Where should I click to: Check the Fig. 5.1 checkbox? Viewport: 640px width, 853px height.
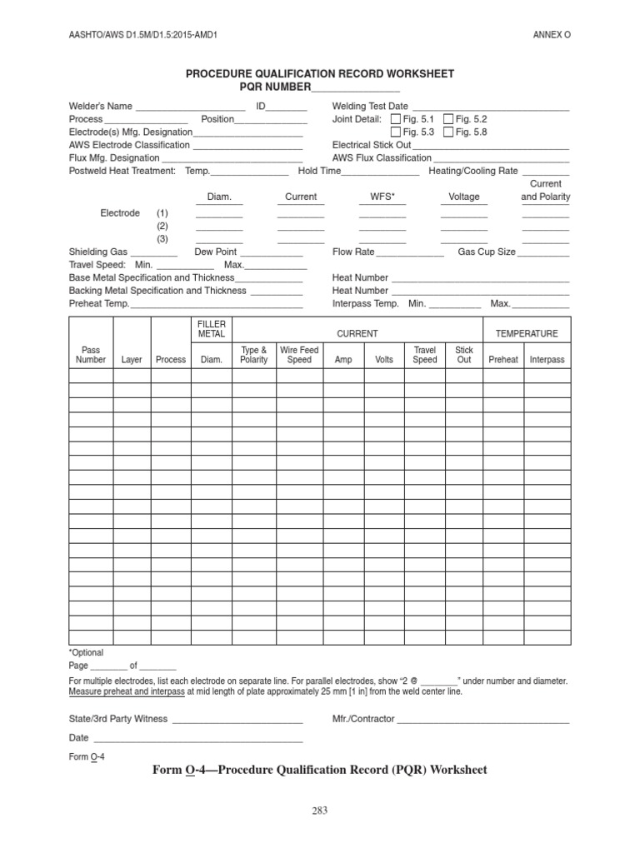coord(396,119)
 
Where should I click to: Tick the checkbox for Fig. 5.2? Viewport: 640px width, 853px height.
coord(449,119)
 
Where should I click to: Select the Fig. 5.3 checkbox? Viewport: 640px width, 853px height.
coord(396,132)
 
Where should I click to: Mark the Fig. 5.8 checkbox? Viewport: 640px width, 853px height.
coord(449,132)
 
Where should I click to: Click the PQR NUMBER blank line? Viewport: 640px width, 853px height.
coord(356,87)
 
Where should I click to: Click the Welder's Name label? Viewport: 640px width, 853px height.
coord(100,106)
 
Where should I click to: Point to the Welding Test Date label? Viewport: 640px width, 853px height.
coord(370,106)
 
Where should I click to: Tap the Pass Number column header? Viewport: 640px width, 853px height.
coord(91,355)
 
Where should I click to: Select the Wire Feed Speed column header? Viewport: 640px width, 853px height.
coord(299,355)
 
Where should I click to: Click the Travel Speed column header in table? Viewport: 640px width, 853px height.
coord(425,355)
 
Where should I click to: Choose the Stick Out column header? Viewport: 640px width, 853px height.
coord(464,355)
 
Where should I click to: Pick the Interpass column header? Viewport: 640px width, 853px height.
coord(547,360)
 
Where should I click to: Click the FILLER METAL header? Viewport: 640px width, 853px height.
coord(212,328)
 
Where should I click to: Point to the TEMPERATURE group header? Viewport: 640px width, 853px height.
coord(527,333)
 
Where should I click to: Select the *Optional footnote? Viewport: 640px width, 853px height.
coord(86,652)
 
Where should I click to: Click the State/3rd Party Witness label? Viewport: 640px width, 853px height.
coord(117,718)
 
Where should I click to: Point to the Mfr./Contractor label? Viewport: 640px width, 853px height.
coord(363,718)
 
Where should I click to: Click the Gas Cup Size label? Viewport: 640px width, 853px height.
coord(487,252)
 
